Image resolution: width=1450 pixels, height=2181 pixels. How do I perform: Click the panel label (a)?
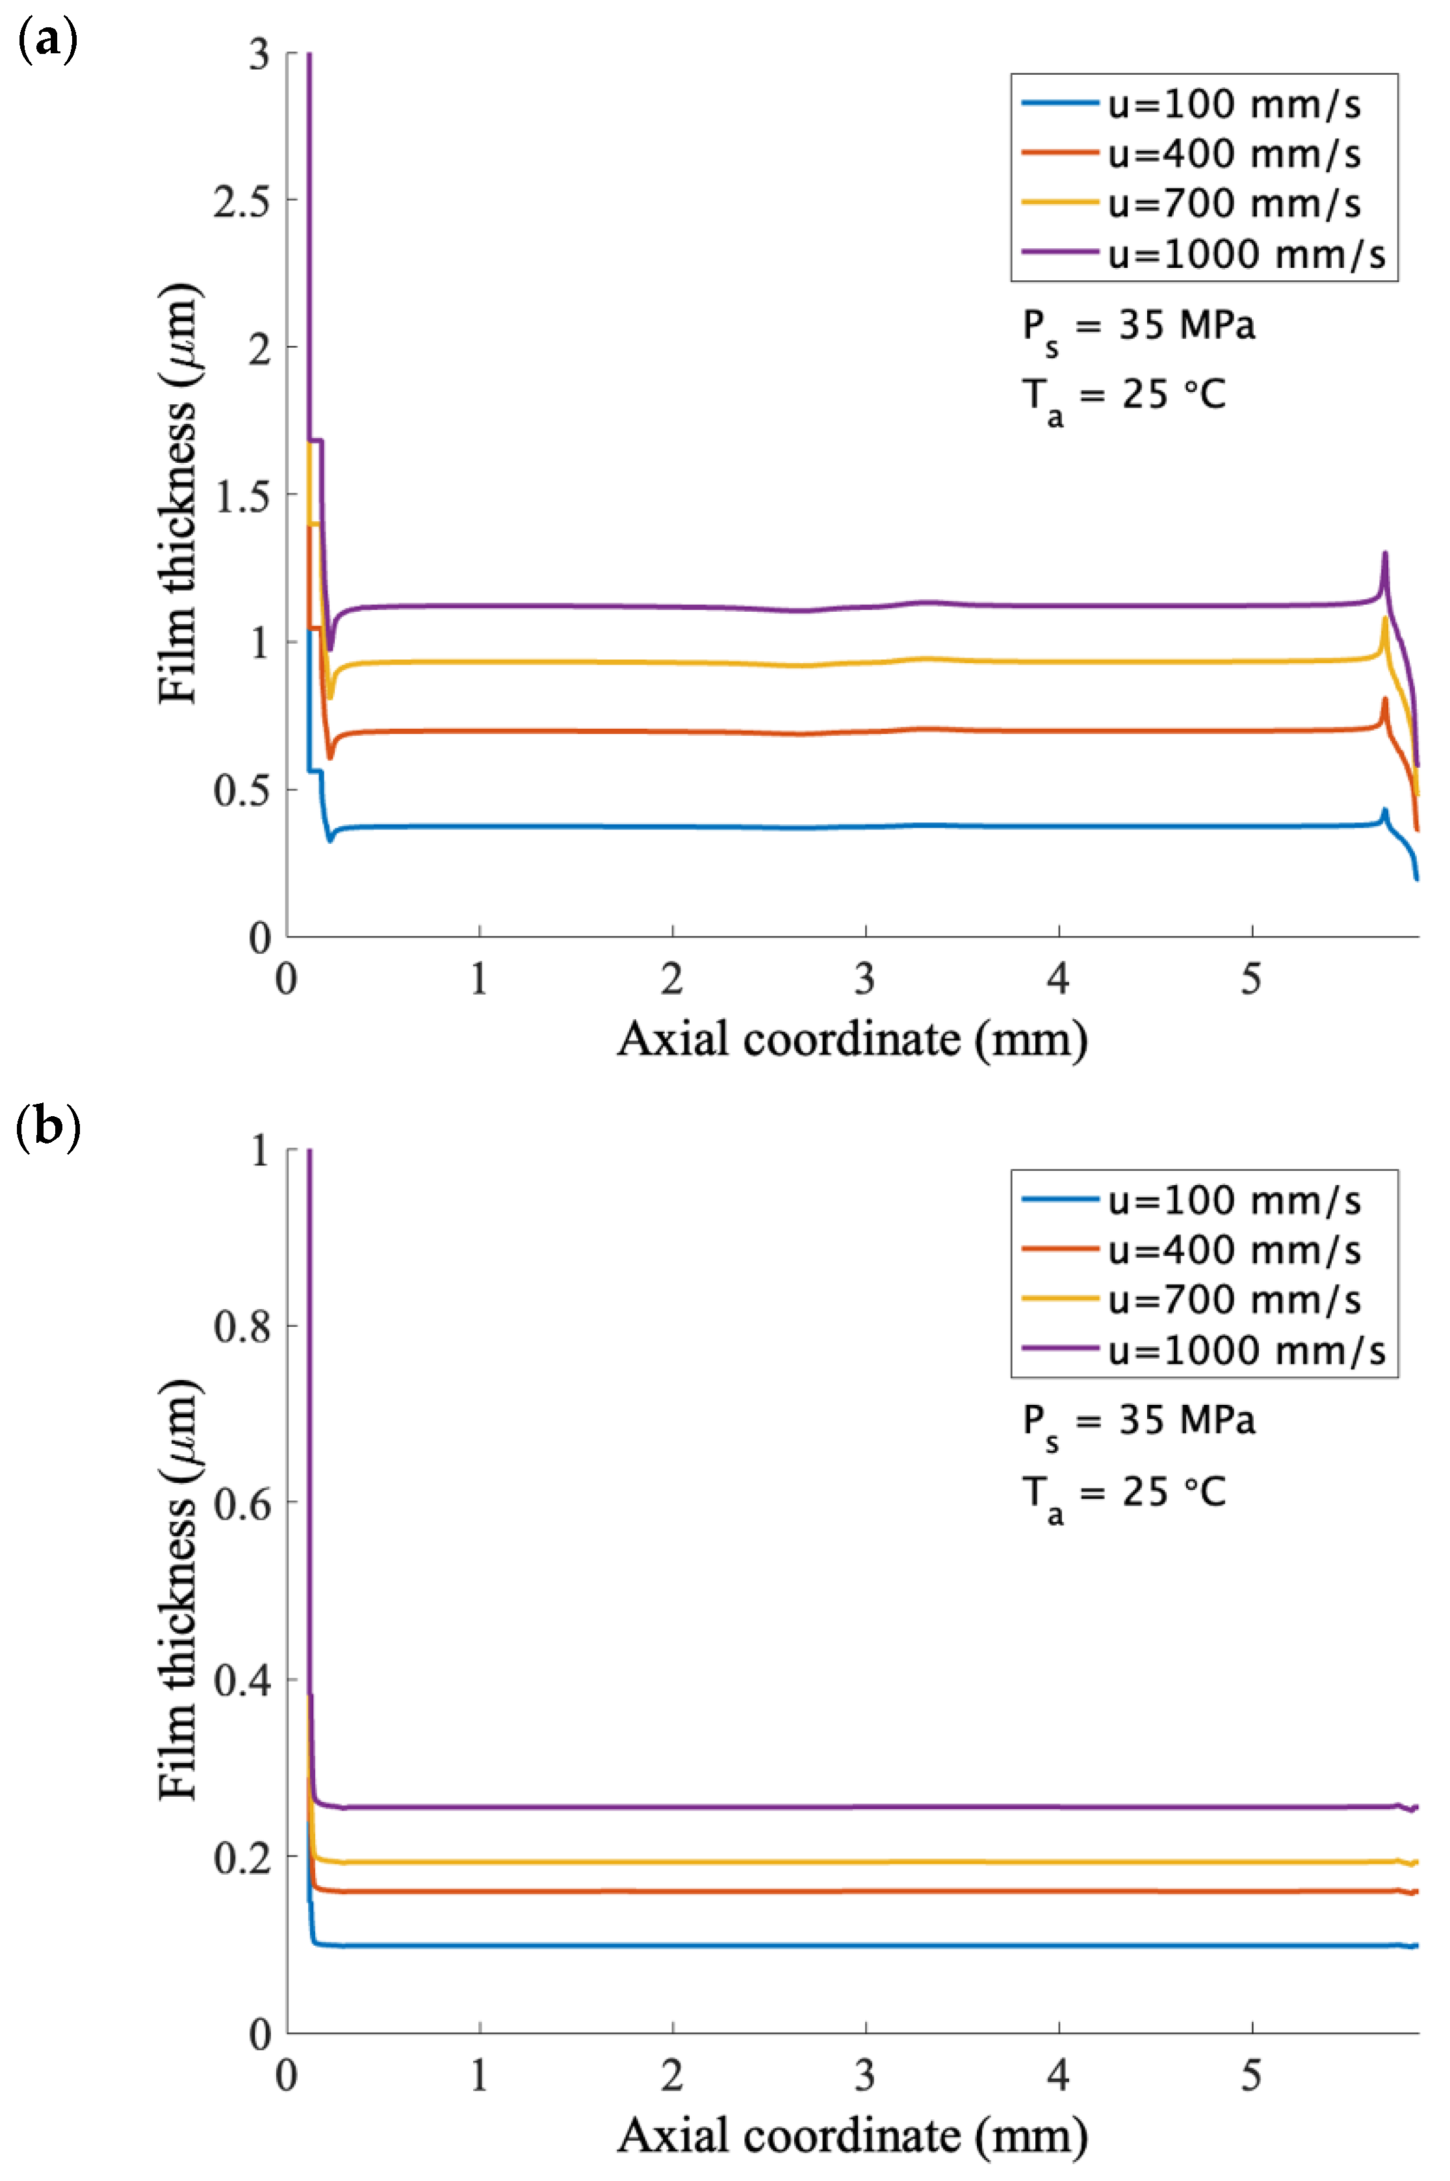point(46,42)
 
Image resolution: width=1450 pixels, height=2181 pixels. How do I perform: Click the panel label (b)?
point(48,1129)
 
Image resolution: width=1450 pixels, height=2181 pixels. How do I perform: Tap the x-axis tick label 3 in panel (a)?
point(864,978)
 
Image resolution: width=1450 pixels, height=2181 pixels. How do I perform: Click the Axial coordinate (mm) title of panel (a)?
point(851,1039)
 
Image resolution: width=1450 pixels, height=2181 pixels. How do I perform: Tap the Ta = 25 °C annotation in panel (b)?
point(1124,1494)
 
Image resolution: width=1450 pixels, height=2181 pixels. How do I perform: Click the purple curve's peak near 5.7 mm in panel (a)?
point(1384,554)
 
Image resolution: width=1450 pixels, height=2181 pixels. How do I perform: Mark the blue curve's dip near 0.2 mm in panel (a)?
point(330,839)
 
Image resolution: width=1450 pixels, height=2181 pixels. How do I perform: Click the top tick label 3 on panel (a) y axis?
point(259,55)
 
